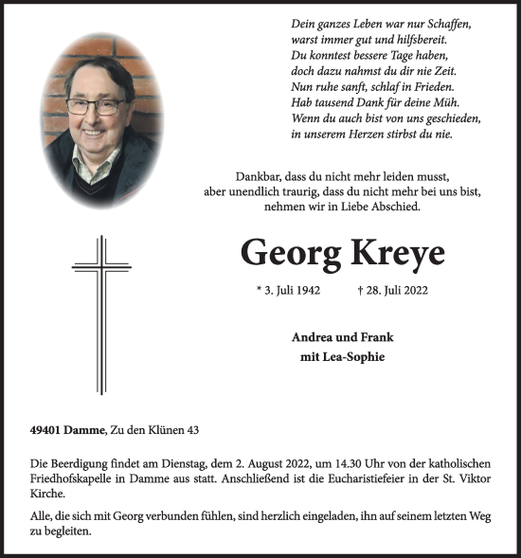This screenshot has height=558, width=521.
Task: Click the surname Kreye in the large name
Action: click(388, 253)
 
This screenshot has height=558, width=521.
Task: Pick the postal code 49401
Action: click(46, 431)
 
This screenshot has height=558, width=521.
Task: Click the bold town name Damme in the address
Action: click(88, 431)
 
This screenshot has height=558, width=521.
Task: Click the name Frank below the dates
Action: click(374, 336)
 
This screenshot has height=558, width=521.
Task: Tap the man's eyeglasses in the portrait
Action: click(95, 106)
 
